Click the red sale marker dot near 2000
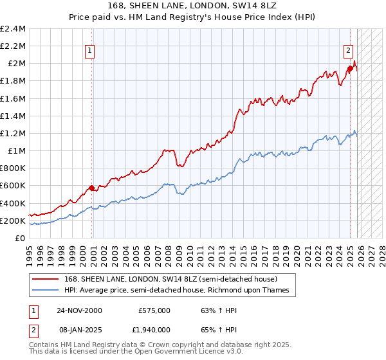click(91, 188)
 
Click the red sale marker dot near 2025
click(350, 68)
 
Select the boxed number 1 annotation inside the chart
click(89, 51)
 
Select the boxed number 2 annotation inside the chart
click(348, 51)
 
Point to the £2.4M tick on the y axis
click(13, 29)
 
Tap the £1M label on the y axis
click(17, 151)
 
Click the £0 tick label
click(20, 239)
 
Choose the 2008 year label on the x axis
click(169, 256)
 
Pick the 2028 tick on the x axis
click(382, 256)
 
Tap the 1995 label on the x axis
click(30, 256)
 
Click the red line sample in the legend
click(45, 279)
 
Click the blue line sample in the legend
click(45, 290)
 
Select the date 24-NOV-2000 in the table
click(79, 310)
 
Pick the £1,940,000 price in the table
click(151, 330)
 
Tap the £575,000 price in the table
click(154, 310)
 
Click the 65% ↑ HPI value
click(219, 330)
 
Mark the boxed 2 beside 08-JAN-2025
click(33, 330)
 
